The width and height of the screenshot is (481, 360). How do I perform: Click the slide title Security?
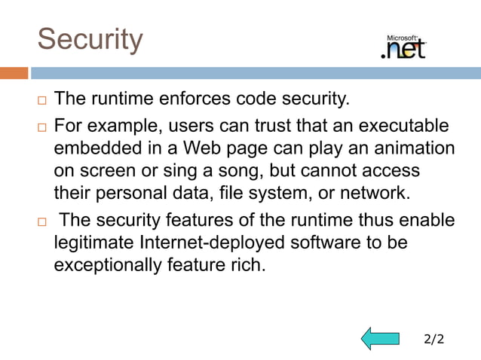[x=90, y=39]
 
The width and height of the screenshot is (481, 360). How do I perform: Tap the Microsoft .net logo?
[x=405, y=47]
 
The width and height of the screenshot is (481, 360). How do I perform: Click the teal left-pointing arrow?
[x=379, y=338]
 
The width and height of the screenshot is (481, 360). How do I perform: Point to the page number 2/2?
[x=434, y=339]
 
